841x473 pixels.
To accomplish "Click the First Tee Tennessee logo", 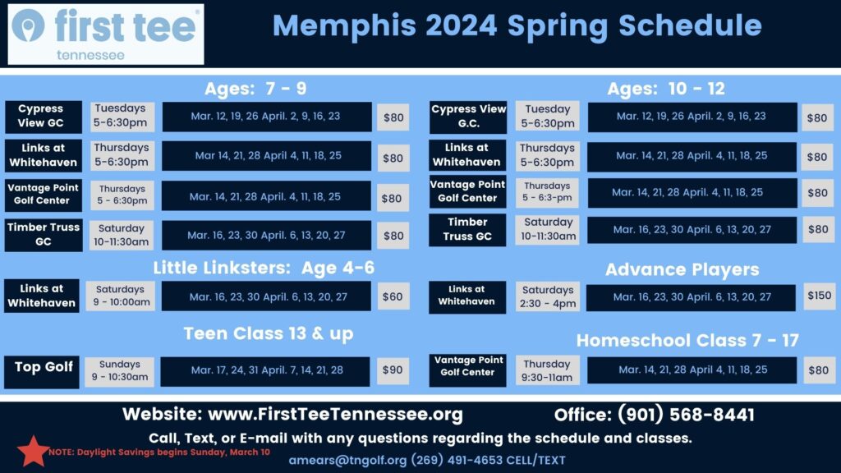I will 106,34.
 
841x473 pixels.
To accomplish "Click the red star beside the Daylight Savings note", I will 33,450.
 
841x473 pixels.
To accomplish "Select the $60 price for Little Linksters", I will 393,296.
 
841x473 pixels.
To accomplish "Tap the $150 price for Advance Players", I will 818,295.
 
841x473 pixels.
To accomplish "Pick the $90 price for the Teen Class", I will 393,370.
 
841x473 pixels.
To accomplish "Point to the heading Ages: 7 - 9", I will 255,89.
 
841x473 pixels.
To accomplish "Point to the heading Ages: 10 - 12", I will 666,89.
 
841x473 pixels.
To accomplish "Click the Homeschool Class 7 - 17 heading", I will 687,340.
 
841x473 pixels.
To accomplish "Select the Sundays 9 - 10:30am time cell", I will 119,371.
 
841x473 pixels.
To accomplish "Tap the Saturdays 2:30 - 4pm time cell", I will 548,296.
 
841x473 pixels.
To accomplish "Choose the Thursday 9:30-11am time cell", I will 547,370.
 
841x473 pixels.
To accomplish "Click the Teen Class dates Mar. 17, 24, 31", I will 267,370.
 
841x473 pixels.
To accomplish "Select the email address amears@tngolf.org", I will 347,460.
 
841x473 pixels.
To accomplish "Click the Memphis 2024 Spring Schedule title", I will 517,26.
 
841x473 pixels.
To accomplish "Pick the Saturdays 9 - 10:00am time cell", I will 120,296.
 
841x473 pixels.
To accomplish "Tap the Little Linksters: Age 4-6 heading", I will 264,269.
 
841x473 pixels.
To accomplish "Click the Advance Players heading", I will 682,269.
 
